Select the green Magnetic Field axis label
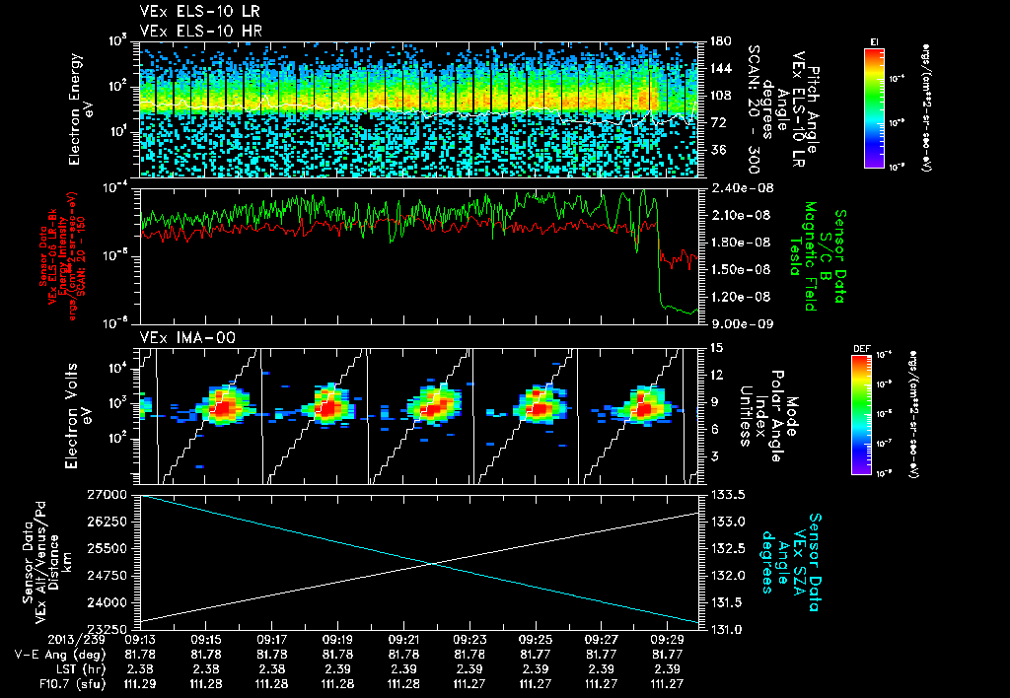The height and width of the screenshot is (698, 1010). point(815,258)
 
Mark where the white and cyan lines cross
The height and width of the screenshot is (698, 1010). point(431,563)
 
